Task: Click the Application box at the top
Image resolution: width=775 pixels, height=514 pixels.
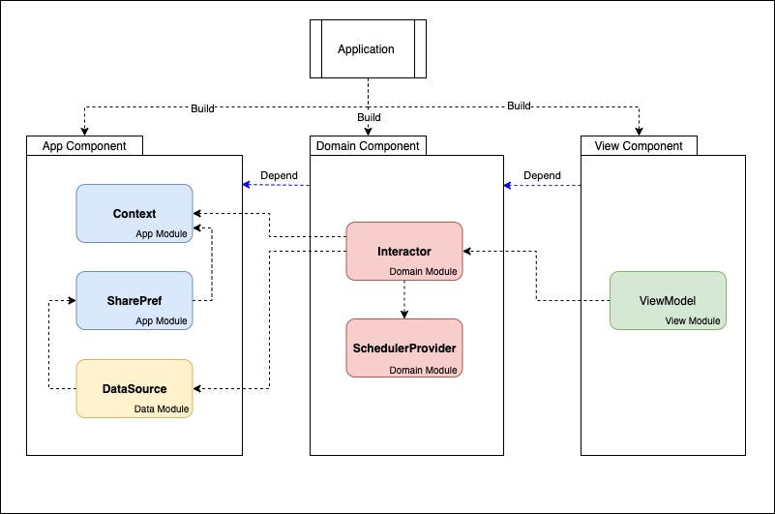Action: coord(366,49)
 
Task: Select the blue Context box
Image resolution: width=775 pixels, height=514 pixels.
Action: coord(134,213)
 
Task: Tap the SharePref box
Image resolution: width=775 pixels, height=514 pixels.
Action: coord(134,300)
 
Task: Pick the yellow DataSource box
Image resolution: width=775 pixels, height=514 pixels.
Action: coord(134,388)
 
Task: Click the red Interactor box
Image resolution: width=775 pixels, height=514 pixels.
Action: coord(404,252)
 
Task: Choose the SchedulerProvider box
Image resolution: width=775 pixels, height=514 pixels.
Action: coord(404,348)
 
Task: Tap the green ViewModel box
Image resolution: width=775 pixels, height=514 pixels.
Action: coord(668,300)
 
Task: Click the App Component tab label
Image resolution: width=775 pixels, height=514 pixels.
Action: coord(84,146)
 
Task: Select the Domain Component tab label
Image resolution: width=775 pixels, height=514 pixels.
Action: coord(368,146)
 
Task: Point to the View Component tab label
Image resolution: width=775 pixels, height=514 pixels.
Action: coord(639,146)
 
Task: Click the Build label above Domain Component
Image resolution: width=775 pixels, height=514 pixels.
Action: coord(369,117)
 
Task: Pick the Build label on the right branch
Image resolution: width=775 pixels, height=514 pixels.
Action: coord(520,106)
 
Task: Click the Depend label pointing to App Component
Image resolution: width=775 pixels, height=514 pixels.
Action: coord(279,175)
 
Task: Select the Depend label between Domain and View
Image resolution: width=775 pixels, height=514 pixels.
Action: coord(543,175)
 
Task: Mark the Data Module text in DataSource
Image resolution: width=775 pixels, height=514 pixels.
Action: coord(161,409)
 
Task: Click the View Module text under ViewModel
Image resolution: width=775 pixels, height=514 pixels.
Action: coord(693,321)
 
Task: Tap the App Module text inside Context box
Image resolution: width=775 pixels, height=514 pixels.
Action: coord(161,233)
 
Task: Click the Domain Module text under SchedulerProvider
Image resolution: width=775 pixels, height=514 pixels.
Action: coord(423,370)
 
